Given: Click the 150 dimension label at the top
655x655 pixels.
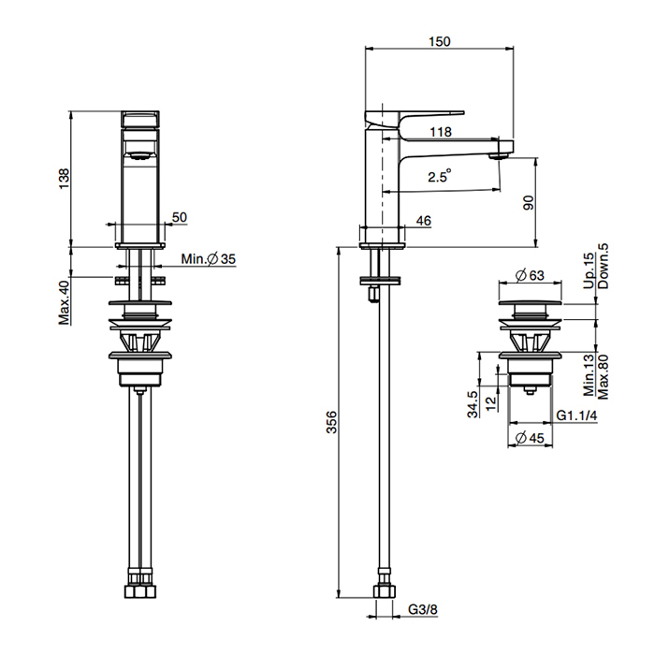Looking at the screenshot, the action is tap(440, 41).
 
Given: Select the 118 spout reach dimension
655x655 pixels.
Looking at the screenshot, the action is tap(441, 132).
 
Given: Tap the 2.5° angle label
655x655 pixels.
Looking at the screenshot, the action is tap(440, 176).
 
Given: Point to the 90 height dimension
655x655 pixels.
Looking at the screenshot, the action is tap(528, 203).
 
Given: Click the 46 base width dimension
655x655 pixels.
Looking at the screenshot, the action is tap(424, 221).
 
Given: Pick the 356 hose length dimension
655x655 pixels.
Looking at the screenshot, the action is tap(331, 422).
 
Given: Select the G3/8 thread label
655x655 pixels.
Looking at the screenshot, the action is tap(423, 609).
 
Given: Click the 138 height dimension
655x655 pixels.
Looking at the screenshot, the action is tap(64, 179).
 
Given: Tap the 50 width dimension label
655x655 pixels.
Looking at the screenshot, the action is tap(180, 217).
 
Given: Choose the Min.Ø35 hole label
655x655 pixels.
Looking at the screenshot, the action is tap(209, 259).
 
